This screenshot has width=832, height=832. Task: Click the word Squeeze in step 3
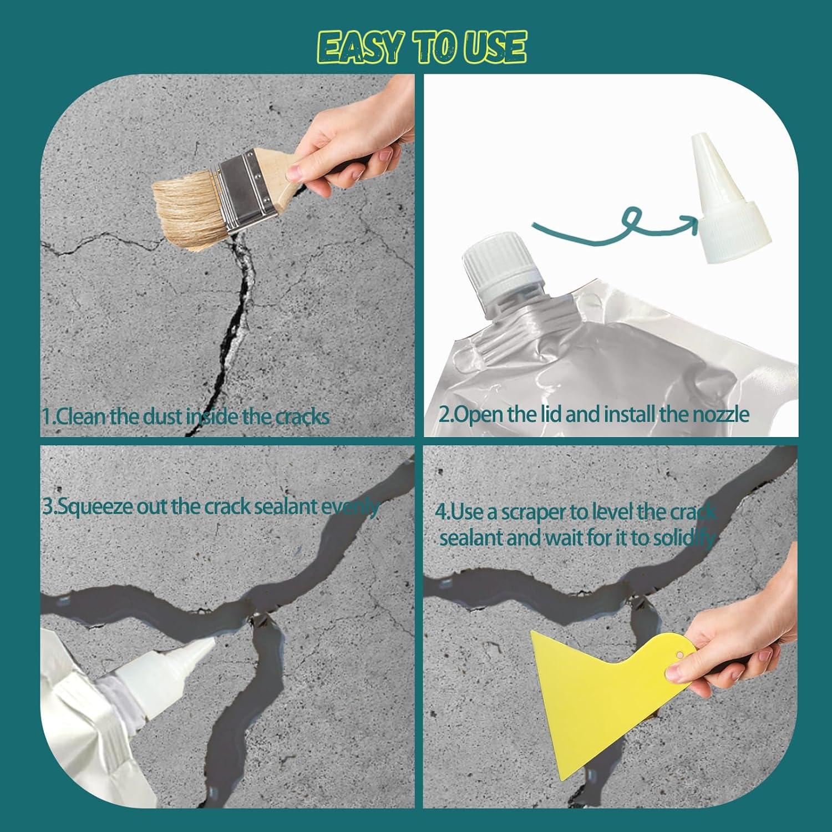click(x=94, y=507)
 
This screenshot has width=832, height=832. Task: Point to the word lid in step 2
click(x=550, y=414)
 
